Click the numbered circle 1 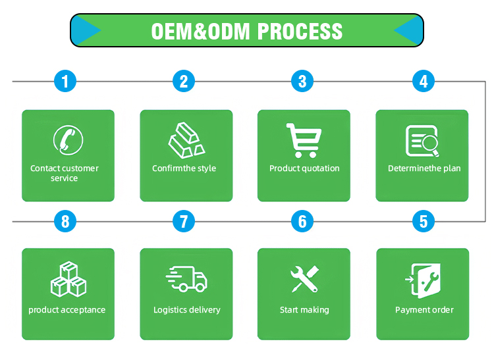[x=65, y=82]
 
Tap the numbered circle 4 [x=424, y=82]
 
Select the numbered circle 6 [x=302, y=221]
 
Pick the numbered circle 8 [x=65, y=221]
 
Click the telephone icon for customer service [x=68, y=140]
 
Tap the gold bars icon [x=186, y=139]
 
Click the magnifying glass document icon [x=422, y=140]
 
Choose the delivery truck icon [x=186, y=279]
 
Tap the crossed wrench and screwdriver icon [x=304, y=279]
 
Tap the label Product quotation [x=304, y=168]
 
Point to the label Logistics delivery [x=187, y=310]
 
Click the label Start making [x=304, y=310]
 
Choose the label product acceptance [x=67, y=310]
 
